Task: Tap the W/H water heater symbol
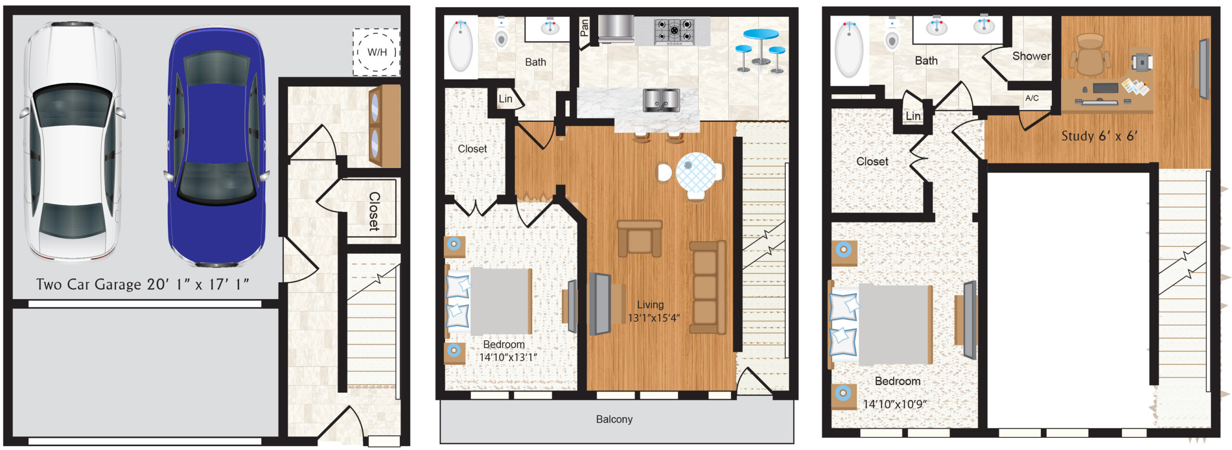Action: (376, 52)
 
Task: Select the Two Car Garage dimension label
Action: (142, 284)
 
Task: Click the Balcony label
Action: (614, 419)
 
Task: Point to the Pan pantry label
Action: (584, 27)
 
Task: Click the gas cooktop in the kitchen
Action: (674, 31)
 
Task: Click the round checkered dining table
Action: (696, 172)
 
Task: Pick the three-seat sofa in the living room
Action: (707, 288)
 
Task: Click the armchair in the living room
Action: (640, 238)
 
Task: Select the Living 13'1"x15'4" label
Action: (653, 311)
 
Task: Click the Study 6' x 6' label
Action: (1099, 136)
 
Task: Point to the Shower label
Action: (1031, 56)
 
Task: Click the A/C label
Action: (1032, 98)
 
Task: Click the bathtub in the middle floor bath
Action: (461, 46)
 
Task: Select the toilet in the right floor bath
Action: (892, 35)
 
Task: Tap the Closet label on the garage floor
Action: (374, 212)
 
